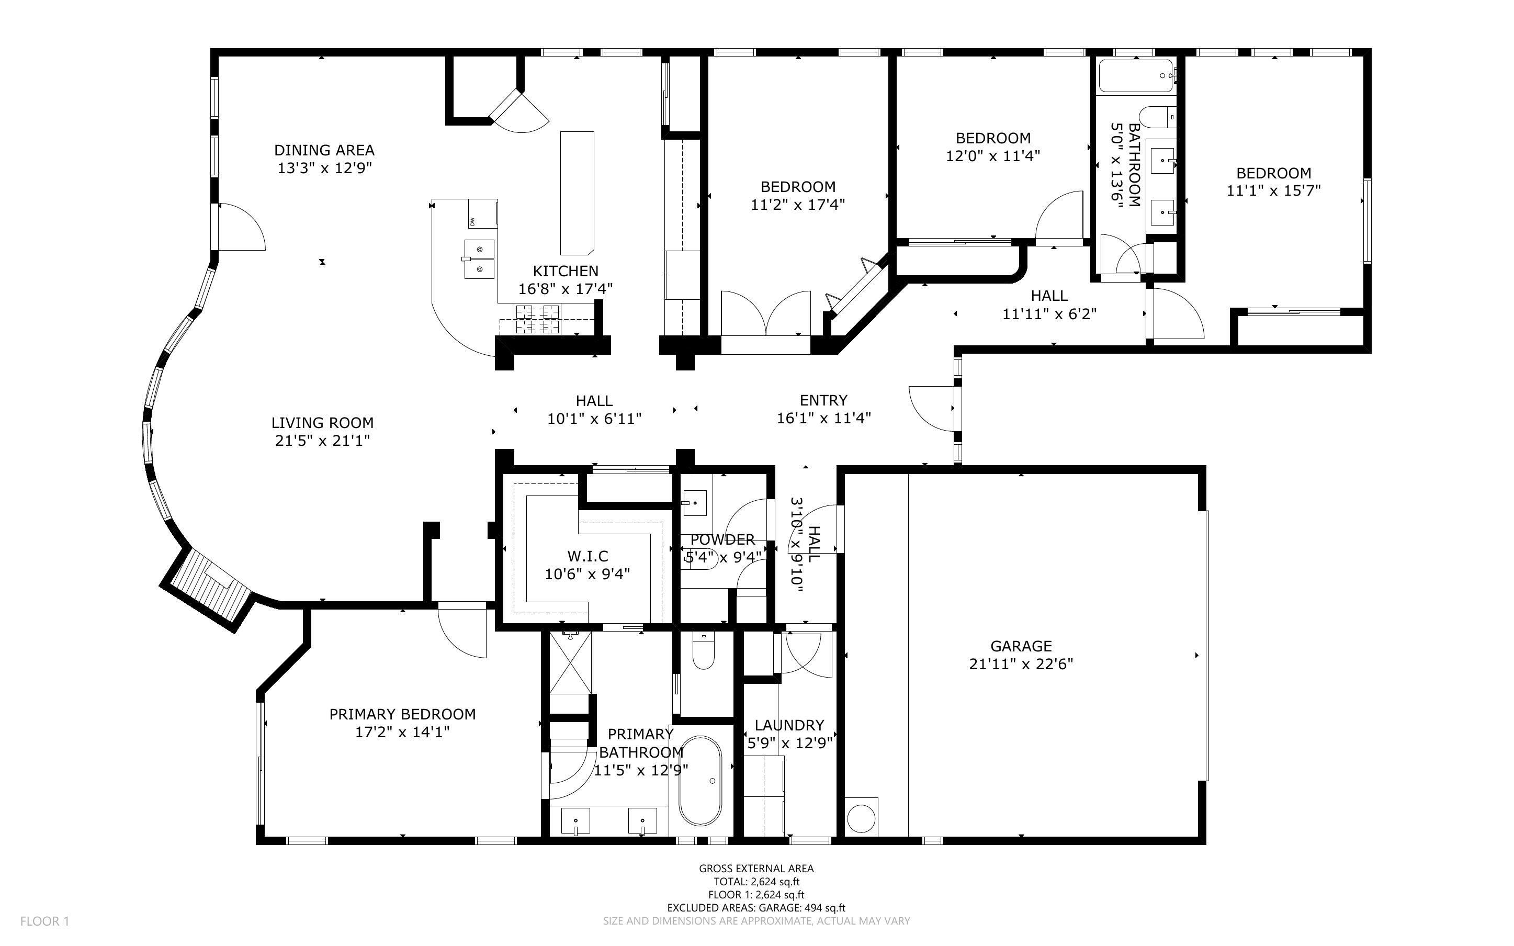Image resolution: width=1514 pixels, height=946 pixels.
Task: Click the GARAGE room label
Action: (1021, 646)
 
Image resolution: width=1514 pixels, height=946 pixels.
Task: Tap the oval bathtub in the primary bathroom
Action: (700, 781)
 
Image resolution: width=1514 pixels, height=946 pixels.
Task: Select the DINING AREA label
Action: (324, 150)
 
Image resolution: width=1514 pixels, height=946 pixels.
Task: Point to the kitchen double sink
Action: (479, 259)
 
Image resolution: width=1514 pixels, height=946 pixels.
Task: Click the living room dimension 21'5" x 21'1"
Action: (323, 441)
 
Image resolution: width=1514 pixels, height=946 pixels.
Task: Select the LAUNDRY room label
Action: (789, 725)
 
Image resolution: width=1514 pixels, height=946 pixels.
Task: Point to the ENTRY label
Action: (823, 400)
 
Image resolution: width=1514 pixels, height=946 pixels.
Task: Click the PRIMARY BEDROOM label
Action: (402, 714)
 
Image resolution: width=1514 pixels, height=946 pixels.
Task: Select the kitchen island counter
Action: (577, 193)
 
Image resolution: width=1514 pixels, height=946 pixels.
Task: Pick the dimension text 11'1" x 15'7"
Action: (1273, 190)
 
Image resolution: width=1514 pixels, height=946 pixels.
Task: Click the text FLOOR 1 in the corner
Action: (44, 921)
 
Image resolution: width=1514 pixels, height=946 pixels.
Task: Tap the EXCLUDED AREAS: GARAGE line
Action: (756, 908)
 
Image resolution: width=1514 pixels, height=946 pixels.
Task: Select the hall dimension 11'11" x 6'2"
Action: (1049, 313)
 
